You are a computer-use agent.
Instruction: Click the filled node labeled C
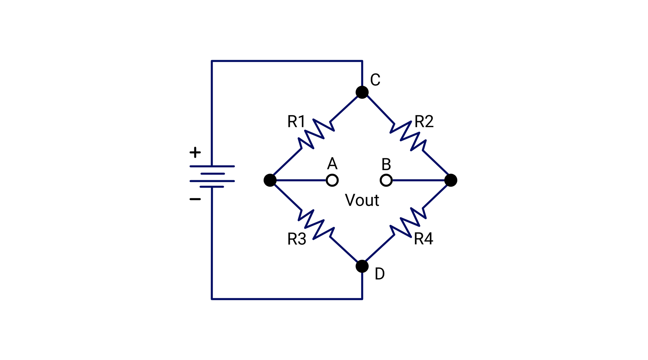tap(362, 92)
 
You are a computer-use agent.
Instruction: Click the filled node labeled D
tap(362, 266)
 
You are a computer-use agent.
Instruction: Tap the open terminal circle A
tap(332, 180)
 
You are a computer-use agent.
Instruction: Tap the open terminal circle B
tap(386, 180)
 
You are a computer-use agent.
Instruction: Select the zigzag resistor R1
tap(316, 134)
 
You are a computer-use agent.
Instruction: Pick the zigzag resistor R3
tap(316, 224)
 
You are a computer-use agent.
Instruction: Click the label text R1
tap(296, 121)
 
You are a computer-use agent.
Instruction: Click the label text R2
tap(424, 121)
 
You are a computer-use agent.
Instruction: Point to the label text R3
tap(296, 239)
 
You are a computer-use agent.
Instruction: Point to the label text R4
tap(423, 239)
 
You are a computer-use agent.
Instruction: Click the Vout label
tap(362, 200)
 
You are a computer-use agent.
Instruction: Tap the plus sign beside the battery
tap(195, 153)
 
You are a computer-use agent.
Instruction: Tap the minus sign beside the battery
tap(195, 199)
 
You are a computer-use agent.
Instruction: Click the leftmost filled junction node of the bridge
tap(270, 180)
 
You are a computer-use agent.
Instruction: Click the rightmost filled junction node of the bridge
tap(451, 180)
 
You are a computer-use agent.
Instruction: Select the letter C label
tap(375, 80)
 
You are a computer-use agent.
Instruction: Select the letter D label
tap(380, 274)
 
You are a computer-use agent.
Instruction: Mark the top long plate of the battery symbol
tap(212, 166)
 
